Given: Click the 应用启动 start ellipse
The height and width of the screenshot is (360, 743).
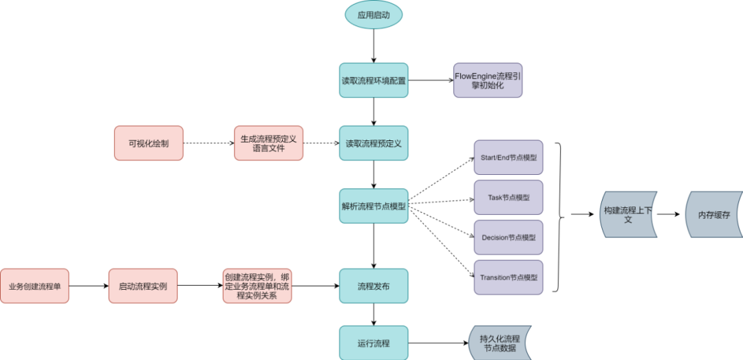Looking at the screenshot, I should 374,15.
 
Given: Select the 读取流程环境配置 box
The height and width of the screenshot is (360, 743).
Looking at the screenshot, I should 374,80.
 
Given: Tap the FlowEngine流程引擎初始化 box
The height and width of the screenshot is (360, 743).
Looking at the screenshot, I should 488,80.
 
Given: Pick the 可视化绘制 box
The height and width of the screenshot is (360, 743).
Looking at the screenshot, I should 149,143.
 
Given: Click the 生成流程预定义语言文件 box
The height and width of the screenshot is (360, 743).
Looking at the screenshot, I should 268,143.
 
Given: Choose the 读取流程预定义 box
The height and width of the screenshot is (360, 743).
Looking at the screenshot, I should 374,143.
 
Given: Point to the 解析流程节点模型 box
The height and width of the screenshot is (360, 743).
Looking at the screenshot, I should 374,205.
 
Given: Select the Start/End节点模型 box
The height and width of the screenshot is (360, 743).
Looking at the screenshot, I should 508,158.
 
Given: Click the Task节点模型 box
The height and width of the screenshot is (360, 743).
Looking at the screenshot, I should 508,198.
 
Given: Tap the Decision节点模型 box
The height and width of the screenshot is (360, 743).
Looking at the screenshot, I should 508,237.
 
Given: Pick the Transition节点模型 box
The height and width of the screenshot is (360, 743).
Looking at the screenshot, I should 508,277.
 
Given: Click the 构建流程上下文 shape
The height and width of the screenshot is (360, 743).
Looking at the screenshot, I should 629,215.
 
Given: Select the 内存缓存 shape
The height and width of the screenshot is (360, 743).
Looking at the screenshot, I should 714,215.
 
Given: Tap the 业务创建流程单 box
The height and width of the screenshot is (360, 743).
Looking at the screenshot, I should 34,286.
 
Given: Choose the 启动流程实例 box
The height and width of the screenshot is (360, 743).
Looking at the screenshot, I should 143,286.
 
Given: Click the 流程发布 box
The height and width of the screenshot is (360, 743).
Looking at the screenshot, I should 374,286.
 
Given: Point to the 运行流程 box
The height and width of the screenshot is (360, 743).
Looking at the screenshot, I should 374,342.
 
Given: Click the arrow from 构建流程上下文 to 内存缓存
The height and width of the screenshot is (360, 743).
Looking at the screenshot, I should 671,215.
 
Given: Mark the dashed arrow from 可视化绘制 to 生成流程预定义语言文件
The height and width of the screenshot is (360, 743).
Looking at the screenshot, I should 208,143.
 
